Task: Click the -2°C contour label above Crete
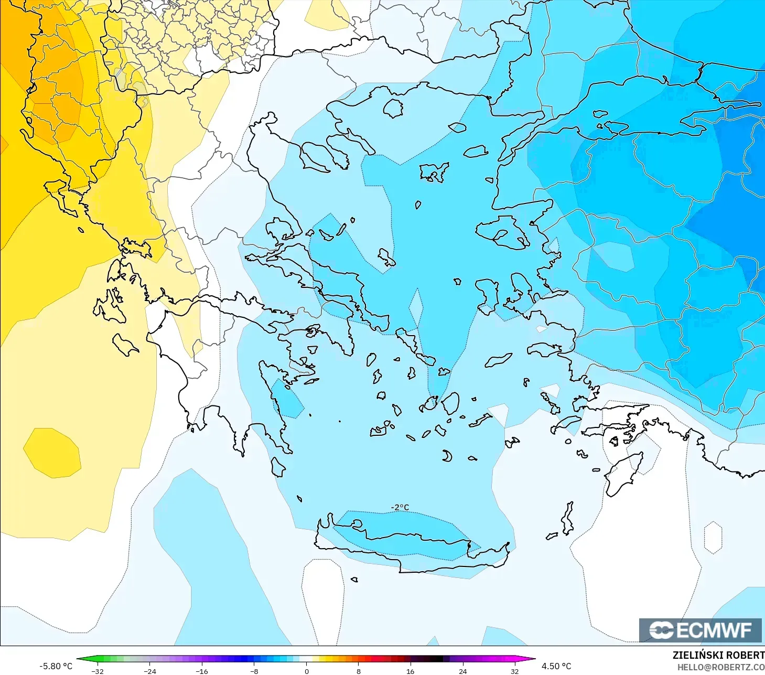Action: click(400, 507)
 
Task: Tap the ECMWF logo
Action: click(701, 630)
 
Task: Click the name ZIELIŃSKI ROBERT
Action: click(718, 655)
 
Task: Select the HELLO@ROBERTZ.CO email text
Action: click(720, 667)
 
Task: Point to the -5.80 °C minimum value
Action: click(56, 666)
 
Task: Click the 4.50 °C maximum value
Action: click(556, 666)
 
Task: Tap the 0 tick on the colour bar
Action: click(306, 671)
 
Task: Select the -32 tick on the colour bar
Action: click(98, 671)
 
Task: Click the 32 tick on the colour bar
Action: click(514, 671)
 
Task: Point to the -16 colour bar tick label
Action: click(202, 671)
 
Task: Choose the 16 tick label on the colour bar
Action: click(410, 671)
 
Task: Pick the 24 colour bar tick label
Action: click(462, 671)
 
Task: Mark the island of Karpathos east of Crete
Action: click(567, 518)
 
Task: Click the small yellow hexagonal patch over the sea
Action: click(52, 453)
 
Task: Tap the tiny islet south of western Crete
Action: click(354, 580)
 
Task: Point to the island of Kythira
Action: click(278, 467)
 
